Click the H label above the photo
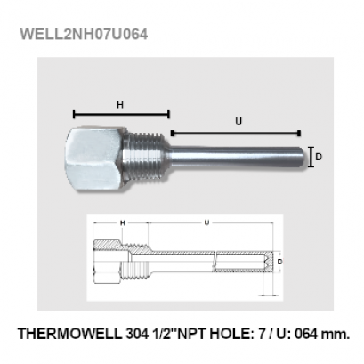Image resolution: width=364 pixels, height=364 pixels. point(120,104)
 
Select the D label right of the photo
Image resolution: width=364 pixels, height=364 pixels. point(319,157)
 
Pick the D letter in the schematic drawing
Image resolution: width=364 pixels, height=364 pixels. point(279,263)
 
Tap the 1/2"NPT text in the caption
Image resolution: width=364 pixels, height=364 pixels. point(178,334)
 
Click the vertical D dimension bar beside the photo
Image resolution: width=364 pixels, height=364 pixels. point(310,157)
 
